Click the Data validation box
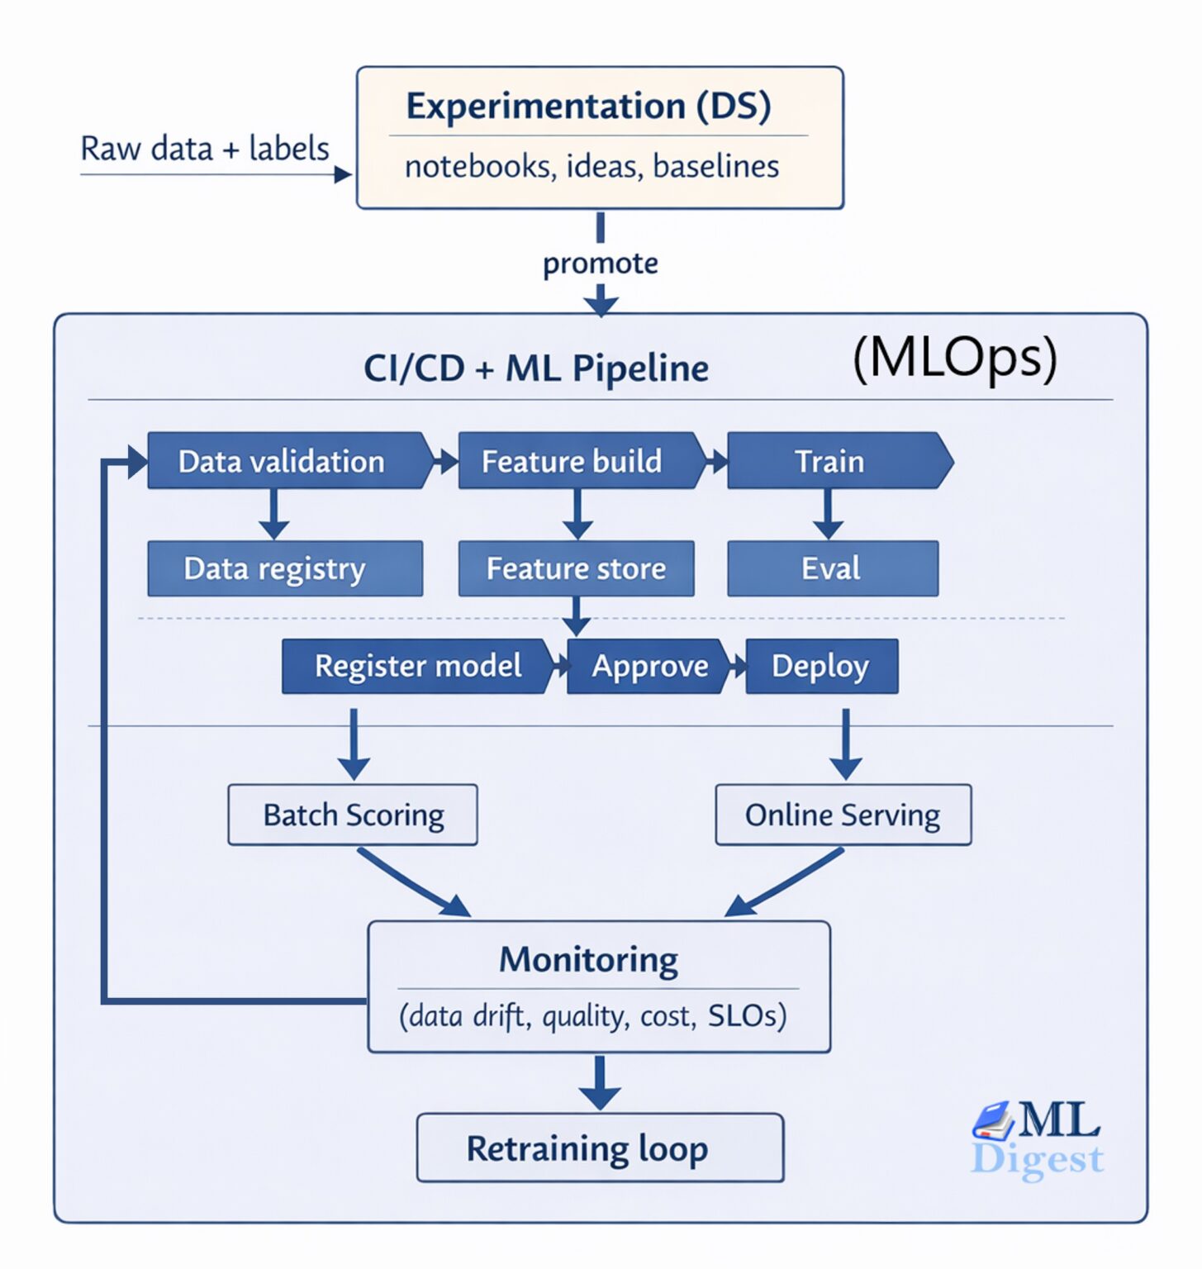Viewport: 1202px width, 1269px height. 285,461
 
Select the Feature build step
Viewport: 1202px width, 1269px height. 574,461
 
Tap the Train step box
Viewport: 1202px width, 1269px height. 833,461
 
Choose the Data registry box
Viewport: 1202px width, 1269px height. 284,568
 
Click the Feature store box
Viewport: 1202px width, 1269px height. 576,568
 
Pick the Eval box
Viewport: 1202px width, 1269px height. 832,568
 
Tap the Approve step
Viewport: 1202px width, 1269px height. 649,666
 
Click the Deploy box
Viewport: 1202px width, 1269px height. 821,666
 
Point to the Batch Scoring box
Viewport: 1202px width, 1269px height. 353,815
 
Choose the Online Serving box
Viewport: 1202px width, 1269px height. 843,815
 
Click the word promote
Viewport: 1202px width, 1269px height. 601,264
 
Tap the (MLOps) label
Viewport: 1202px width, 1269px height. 954,358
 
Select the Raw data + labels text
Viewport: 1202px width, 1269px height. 205,149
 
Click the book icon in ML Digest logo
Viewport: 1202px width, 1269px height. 993,1120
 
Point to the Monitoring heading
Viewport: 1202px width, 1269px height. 588,960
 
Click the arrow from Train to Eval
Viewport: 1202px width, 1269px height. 828,514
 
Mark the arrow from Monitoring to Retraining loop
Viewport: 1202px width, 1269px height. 600,1083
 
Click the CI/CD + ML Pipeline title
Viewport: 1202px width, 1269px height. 536,368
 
